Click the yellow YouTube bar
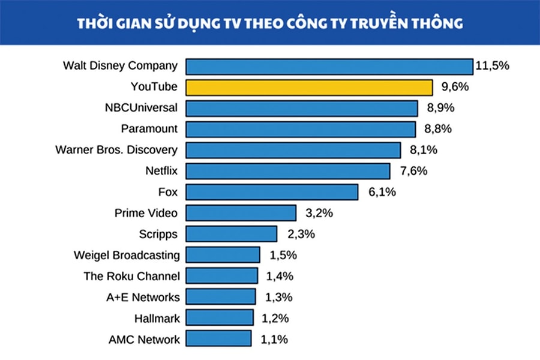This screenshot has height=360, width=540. coord(309,87)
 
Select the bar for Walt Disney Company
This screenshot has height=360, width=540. coord(329,66)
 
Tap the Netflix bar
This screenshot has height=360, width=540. coord(287,171)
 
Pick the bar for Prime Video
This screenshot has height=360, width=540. coord(241,213)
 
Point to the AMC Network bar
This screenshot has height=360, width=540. coord(218,339)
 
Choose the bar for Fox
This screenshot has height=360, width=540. coord(272,192)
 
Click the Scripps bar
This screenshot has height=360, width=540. coord(231,234)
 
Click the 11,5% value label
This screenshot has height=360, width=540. coord(492,66)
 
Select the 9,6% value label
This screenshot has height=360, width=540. coord(455,87)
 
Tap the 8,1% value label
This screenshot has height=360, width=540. coord(423,150)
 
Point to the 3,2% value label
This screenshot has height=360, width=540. coord(319,213)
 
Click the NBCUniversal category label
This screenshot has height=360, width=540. coord(141,108)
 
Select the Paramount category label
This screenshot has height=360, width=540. coord(149,129)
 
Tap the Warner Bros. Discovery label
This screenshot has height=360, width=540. coord(116,150)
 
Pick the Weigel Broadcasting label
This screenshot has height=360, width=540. coord(127,255)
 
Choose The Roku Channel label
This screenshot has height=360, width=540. coord(131,276)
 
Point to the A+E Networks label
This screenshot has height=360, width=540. coord(140,297)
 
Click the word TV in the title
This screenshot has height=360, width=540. coord(229,24)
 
